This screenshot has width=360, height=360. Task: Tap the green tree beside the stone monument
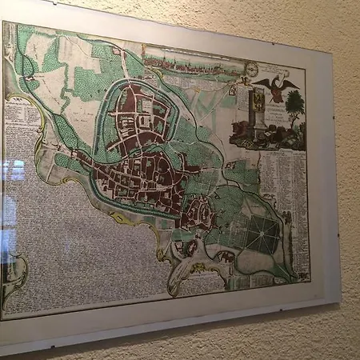tap(294, 102)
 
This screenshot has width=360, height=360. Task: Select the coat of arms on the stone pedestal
tap(258, 99)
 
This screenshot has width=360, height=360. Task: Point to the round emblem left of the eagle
tap(251, 70)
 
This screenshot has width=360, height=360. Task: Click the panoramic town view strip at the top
tap(192, 60)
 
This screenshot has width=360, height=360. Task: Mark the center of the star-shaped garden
tap(262, 233)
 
